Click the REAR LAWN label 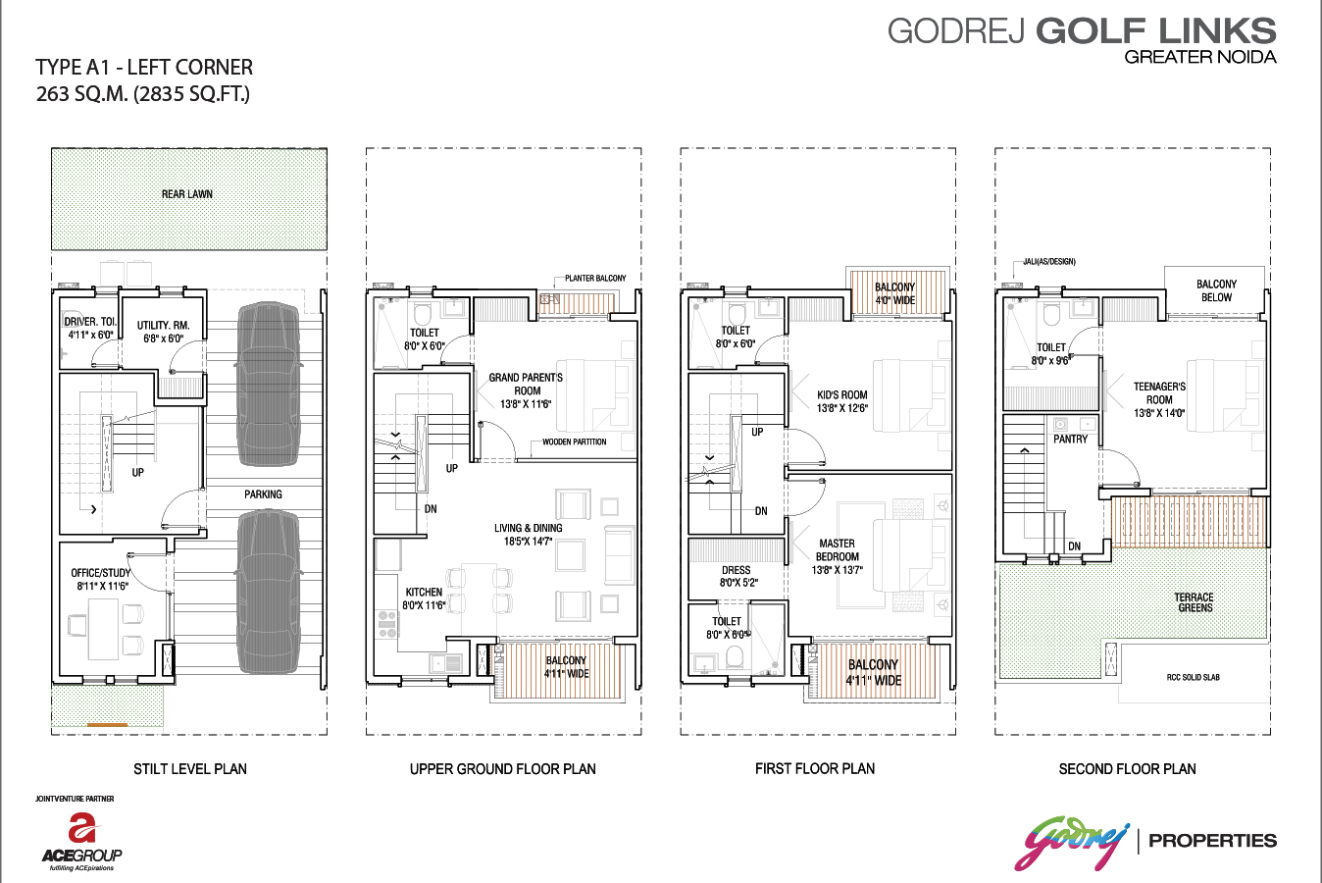[187, 194]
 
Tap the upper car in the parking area [268, 385]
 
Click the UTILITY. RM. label [164, 325]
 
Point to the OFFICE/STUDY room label [101, 573]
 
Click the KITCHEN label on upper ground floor [424, 592]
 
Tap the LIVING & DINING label [529, 528]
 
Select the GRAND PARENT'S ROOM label [526, 384]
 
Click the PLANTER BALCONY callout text [595, 278]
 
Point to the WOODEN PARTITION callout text [575, 441]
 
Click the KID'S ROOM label [842, 394]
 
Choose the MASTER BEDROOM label [837, 549]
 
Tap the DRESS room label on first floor [736, 570]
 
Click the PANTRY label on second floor [1070, 440]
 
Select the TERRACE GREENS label [1195, 602]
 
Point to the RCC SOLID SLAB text [1193, 677]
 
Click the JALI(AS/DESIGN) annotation [1049, 262]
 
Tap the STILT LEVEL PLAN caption [190, 768]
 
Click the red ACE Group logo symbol [82, 827]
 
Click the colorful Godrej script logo [1072, 843]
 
